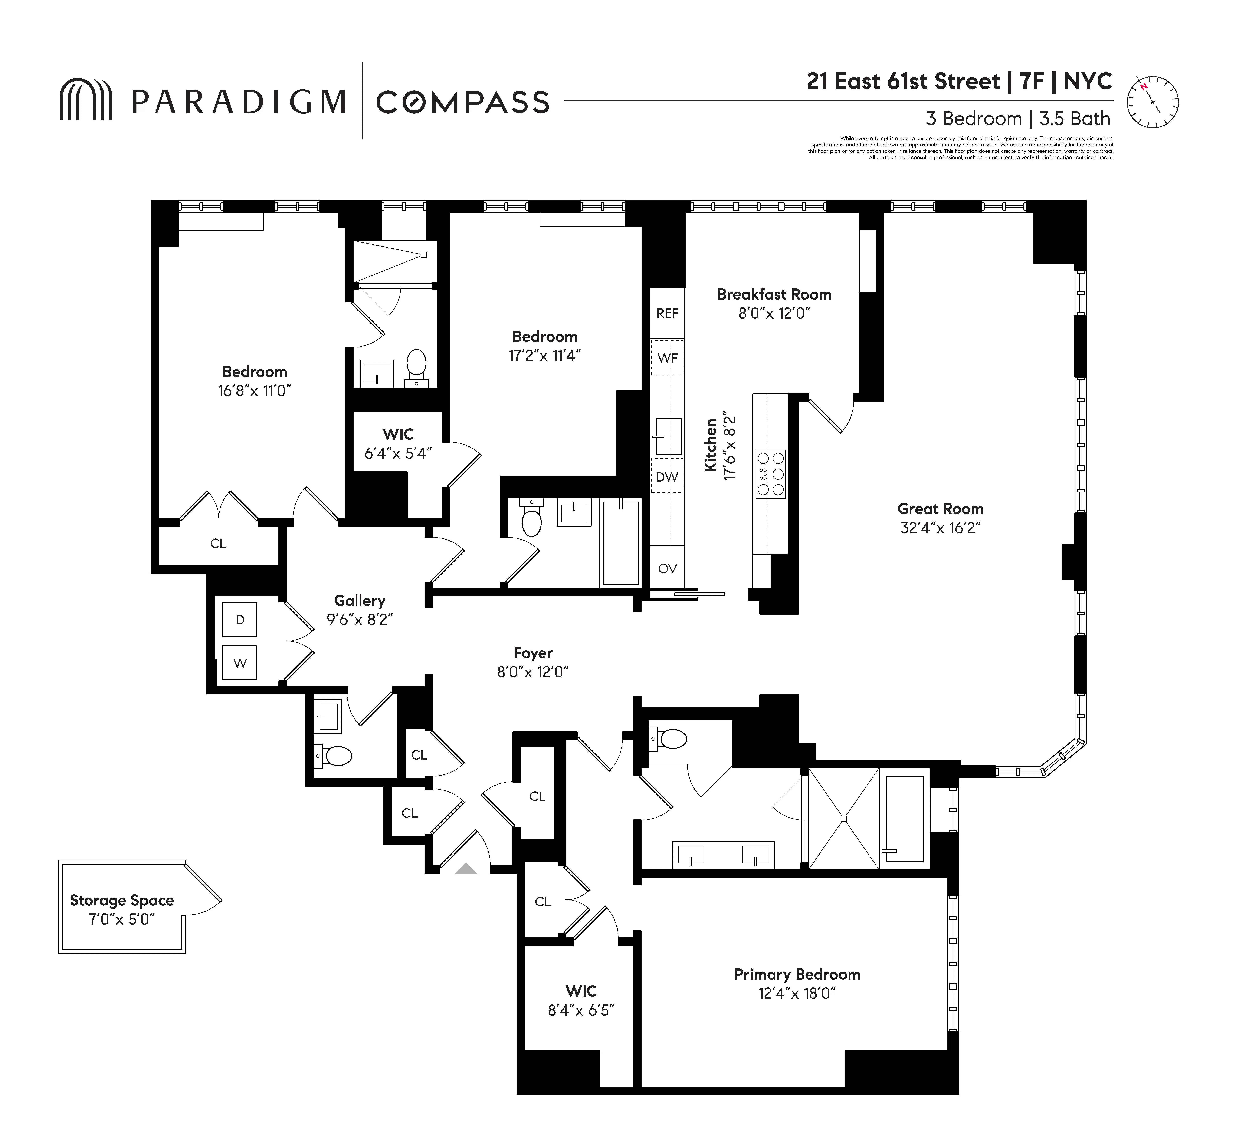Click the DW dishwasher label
[667, 477]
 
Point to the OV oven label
[667, 568]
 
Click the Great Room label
[940, 509]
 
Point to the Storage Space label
[122, 901]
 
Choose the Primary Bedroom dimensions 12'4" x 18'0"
[797, 993]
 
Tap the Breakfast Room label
[774, 294]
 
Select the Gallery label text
[359, 601]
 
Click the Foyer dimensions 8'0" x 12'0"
[532, 672]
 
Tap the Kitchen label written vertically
[711, 445]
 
